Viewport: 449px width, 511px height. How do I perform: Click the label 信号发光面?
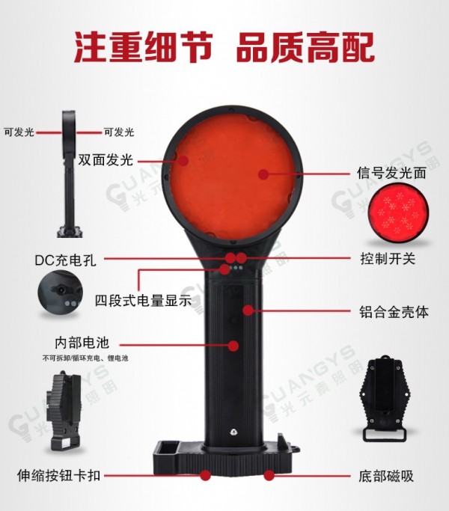(x=391, y=172)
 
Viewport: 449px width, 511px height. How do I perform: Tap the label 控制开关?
(x=388, y=259)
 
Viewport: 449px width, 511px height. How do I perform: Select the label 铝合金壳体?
(x=394, y=312)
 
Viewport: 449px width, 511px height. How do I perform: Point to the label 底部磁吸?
(x=386, y=476)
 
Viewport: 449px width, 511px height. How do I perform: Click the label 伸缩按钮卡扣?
(x=58, y=476)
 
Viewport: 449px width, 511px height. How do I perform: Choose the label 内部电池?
(x=82, y=343)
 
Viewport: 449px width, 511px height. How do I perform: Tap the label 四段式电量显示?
(x=143, y=301)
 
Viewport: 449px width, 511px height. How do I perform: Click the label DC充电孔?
(x=66, y=260)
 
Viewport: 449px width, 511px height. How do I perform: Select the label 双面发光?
(x=106, y=160)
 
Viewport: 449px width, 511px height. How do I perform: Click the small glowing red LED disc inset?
(x=398, y=212)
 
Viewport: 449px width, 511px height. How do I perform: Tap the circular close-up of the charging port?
(x=61, y=293)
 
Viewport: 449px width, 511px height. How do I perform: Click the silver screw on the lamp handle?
(x=233, y=432)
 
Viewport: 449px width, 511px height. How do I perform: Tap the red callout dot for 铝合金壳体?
(x=248, y=310)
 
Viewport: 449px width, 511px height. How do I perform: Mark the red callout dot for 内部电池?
(x=233, y=346)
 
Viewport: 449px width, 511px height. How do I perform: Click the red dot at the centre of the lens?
(x=263, y=174)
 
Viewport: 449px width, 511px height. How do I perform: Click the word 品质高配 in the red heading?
(x=305, y=47)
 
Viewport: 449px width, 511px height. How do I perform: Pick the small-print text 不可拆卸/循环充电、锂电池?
(x=85, y=358)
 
